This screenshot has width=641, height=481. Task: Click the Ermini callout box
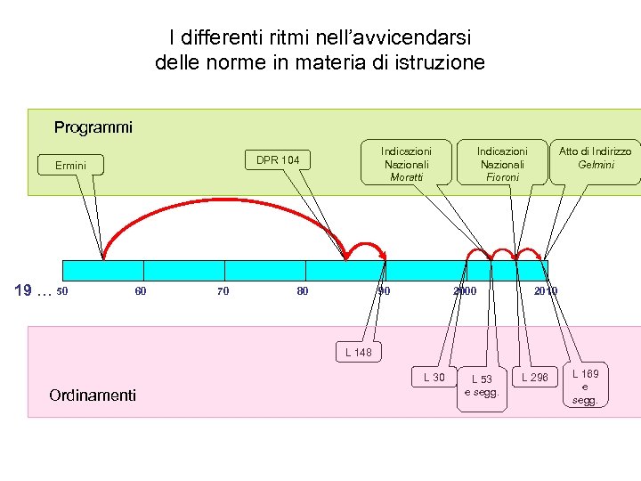(70, 166)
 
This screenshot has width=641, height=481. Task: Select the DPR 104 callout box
(278, 160)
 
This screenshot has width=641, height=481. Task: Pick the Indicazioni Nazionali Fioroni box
(502, 163)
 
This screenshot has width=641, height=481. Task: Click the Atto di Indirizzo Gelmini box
(595, 158)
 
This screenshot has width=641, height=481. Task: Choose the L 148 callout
(359, 353)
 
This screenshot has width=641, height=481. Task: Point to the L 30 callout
(434, 378)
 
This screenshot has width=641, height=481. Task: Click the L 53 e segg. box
(482, 386)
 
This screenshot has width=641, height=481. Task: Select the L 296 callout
(535, 378)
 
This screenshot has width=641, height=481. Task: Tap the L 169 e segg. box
(585, 387)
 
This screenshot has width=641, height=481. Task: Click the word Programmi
(93, 127)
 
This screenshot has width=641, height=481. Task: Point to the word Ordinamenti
(93, 395)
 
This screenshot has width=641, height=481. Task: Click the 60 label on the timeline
(141, 291)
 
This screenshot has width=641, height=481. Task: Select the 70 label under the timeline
(223, 291)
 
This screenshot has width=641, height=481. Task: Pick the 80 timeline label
(303, 291)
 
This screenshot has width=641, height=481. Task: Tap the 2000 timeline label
(465, 291)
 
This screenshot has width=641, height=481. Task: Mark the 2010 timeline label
(545, 291)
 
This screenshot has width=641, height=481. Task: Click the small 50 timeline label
(61, 291)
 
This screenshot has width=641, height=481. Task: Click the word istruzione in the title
(441, 62)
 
